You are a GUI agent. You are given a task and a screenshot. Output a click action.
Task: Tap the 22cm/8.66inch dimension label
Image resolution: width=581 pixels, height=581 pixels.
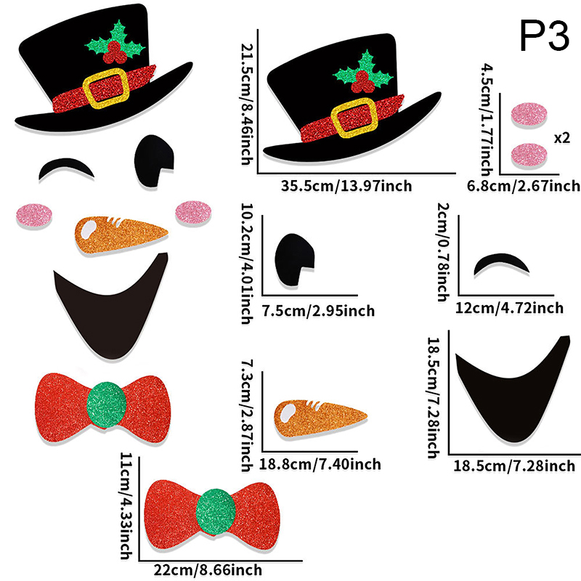[x=208, y=571]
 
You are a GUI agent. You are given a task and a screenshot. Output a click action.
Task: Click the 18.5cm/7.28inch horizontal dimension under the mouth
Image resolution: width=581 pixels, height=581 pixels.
[x=514, y=466]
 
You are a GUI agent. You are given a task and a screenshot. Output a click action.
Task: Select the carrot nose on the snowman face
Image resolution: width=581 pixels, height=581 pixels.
[x=120, y=231]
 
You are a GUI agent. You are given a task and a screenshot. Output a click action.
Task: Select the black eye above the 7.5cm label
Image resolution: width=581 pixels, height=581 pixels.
[x=295, y=258]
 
